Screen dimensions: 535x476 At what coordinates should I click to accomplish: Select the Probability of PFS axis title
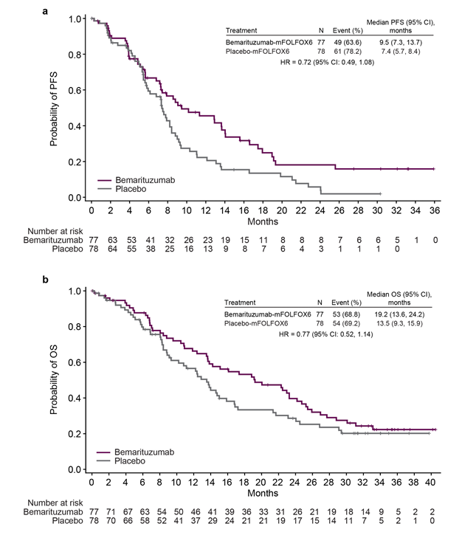(x=55, y=106)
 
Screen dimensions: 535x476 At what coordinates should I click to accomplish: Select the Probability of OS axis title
(x=55, y=379)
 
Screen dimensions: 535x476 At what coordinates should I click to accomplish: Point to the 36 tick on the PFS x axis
(x=434, y=210)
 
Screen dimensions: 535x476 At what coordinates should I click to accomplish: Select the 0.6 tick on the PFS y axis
(x=75, y=90)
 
